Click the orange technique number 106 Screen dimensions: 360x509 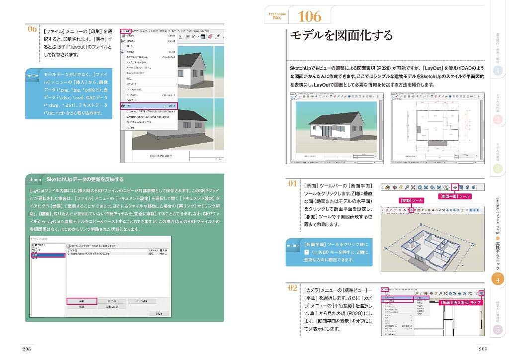click(309, 16)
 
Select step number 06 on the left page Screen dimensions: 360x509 click(32, 29)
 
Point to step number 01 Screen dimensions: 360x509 click(293, 183)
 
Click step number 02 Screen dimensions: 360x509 click(293, 287)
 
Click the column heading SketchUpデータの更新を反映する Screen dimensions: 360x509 click(85, 179)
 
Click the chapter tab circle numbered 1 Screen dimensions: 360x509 click(498, 71)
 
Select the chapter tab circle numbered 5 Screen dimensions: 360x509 click(498, 330)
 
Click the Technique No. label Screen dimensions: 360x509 click(277, 16)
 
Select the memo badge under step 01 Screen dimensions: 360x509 click(293, 245)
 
